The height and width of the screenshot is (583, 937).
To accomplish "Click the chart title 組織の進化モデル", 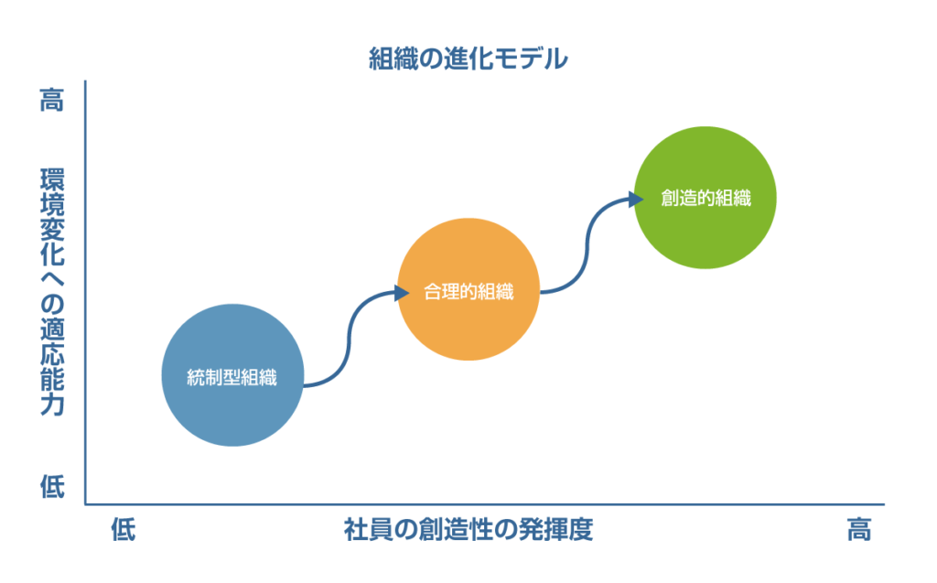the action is point(468,59).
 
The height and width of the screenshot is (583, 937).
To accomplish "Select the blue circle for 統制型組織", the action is point(232,375).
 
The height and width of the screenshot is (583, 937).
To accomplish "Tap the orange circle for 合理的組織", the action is point(468,289).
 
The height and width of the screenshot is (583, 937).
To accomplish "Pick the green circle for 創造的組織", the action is point(705,198).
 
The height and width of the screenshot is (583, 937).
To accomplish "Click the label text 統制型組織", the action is point(232,377).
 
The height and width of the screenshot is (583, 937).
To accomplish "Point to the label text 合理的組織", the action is point(468,292).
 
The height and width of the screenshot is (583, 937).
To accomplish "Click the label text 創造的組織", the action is point(705,198).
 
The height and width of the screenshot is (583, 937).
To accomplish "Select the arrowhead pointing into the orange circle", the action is point(402,293).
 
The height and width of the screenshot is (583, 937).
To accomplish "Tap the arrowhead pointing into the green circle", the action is point(637,200).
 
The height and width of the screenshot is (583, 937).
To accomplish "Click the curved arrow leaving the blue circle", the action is point(349,340).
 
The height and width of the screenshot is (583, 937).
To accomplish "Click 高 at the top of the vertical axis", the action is point(52,100).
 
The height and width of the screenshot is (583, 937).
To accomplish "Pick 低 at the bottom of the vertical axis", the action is point(52,486).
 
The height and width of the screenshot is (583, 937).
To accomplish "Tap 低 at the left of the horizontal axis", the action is point(124,530).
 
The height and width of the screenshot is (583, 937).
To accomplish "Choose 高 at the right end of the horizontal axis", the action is point(858,530).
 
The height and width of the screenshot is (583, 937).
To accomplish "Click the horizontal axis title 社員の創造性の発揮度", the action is point(468,530).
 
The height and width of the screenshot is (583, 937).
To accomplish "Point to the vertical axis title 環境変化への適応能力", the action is point(52,292).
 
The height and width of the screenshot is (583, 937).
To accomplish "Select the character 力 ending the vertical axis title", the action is point(52,405).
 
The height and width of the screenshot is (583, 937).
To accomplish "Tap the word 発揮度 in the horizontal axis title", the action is point(555,530).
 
